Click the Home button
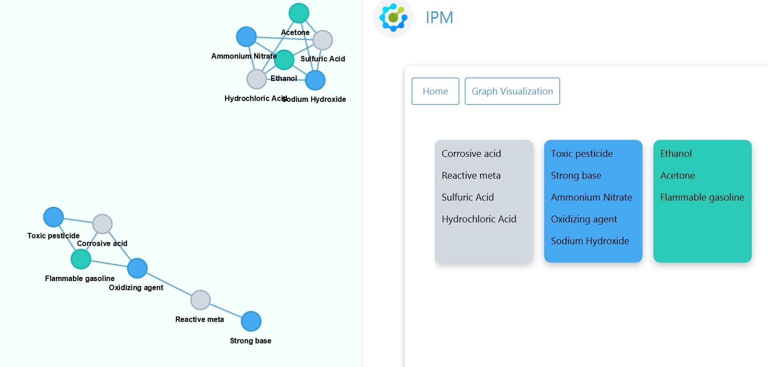(x=435, y=91)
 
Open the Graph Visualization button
(x=512, y=91)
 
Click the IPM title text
(x=439, y=18)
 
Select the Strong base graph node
(x=251, y=321)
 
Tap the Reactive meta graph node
(x=200, y=300)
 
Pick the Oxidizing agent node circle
(x=137, y=268)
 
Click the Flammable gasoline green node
(x=81, y=259)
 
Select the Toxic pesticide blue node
(x=53, y=217)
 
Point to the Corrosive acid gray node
(x=102, y=224)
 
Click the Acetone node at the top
(x=299, y=13)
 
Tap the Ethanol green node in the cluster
(x=284, y=60)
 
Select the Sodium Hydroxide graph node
(x=315, y=80)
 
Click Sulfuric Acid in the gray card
(x=467, y=197)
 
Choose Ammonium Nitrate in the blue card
(x=591, y=197)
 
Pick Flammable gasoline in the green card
(x=702, y=197)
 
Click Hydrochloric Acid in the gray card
(x=479, y=219)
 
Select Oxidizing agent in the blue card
(x=584, y=219)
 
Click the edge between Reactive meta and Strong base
(x=226, y=311)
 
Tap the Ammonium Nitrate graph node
(x=246, y=36)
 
